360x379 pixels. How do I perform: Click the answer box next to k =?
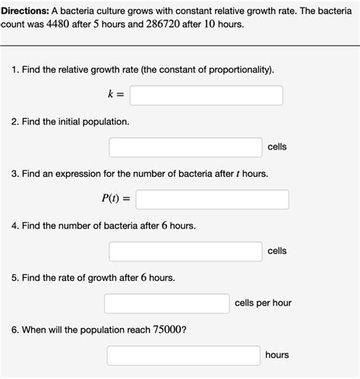click(x=206, y=96)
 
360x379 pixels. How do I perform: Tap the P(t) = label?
click(x=116, y=199)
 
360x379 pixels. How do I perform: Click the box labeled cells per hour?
click(x=166, y=303)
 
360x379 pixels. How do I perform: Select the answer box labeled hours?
click(x=183, y=355)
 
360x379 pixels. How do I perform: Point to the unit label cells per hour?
click(x=263, y=303)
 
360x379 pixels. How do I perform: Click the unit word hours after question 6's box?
click(x=277, y=355)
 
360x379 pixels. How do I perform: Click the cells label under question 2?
click(x=276, y=147)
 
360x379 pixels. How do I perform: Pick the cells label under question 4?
click(x=276, y=251)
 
